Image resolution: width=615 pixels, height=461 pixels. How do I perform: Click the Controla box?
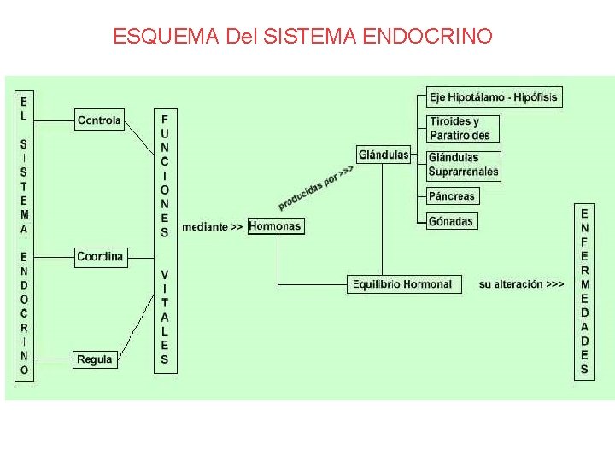pyautogui.click(x=99, y=120)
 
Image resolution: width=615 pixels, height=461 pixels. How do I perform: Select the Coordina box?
pyautogui.click(x=100, y=256)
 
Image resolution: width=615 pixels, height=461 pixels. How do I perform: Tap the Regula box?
pyautogui.click(x=95, y=359)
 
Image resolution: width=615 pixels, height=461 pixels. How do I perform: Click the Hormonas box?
pyautogui.click(x=275, y=226)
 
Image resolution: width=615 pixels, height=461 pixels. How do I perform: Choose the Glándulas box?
pyautogui.click(x=384, y=155)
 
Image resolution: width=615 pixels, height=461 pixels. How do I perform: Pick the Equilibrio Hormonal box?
pyautogui.click(x=405, y=284)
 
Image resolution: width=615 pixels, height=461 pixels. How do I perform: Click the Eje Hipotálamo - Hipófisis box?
pyautogui.click(x=494, y=97)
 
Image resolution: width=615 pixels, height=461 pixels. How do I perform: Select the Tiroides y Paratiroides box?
pyautogui.click(x=462, y=129)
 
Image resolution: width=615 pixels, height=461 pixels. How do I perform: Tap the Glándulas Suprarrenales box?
pyautogui.click(x=463, y=165)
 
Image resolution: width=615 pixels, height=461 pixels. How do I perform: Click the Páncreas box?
pyautogui.click(x=452, y=196)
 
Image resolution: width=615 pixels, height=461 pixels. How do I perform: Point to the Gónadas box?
pyautogui.click(x=451, y=221)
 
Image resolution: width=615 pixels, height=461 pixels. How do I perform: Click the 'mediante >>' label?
pyautogui.click(x=212, y=227)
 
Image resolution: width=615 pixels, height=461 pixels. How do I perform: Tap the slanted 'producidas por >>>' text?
pyautogui.click(x=315, y=188)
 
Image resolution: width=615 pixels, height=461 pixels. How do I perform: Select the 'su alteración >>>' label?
pyautogui.click(x=521, y=284)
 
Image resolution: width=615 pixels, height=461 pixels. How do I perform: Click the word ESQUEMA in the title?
pyautogui.click(x=167, y=37)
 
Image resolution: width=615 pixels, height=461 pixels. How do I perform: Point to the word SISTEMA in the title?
pyautogui.click(x=311, y=37)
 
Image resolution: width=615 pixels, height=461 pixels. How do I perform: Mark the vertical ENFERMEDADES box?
pyautogui.click(x=584, y=291)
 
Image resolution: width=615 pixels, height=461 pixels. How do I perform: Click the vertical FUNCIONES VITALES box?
pyautogui.click(x=165, y=239)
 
